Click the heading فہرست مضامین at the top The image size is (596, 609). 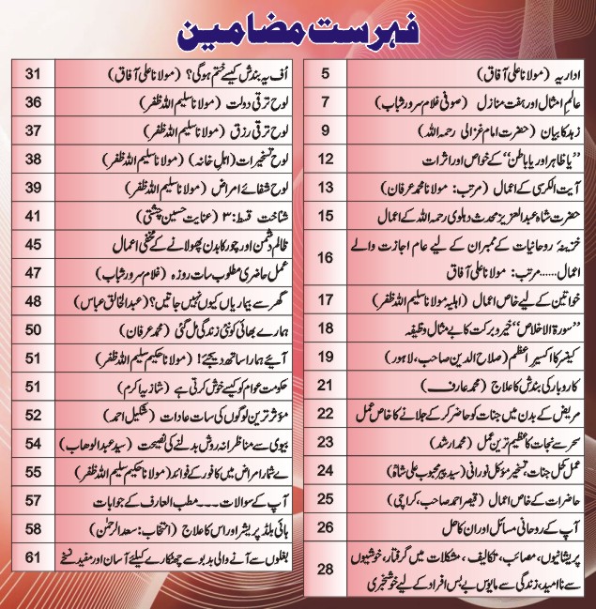pyautogui.click(x=298, y=27)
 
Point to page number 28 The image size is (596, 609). pyautogui.click(x=326, y=570)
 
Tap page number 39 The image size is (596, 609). pyautogui.click(x=34, y=188)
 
